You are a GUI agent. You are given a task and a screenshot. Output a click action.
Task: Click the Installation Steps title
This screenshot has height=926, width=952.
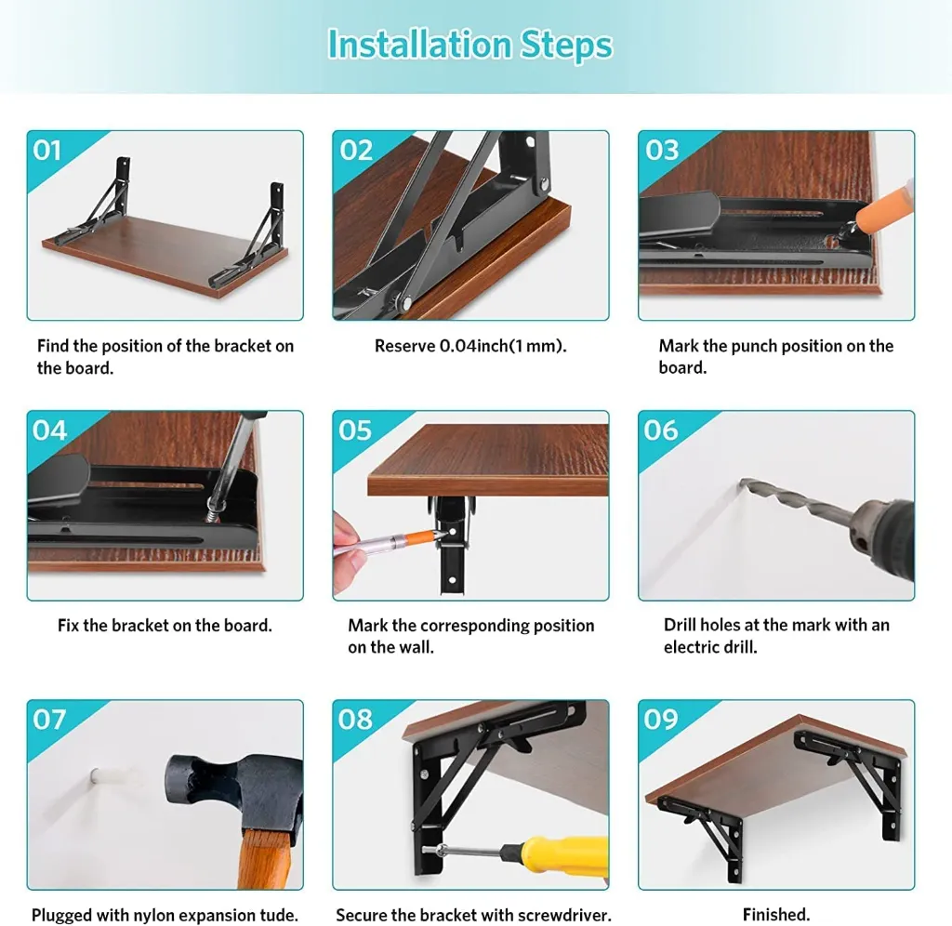pyautogui.click(x=469, y=45)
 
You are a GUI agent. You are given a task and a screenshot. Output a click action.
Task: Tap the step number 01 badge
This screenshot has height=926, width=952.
pyautogui.click(x=47, y=150)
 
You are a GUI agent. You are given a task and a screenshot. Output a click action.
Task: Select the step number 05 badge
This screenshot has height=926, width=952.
pyautogui.click(x=355, y=430)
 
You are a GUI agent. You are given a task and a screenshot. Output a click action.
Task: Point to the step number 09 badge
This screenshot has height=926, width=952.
pyautogui.click(x=661, y=720)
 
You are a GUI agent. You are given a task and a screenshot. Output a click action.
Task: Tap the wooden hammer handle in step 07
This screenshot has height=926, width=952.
pyautogui.click(x=263, y=860)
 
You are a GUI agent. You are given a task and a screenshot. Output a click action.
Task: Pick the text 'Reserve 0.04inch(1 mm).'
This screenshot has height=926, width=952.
pyautogui.click(x=470, y=346)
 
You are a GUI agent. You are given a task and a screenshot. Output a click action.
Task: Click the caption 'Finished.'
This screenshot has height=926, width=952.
pyautogui.click(x=776, y=915)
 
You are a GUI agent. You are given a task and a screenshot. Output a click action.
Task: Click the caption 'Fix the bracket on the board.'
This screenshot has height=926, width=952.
pyautogui.click(x=165, y=626)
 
